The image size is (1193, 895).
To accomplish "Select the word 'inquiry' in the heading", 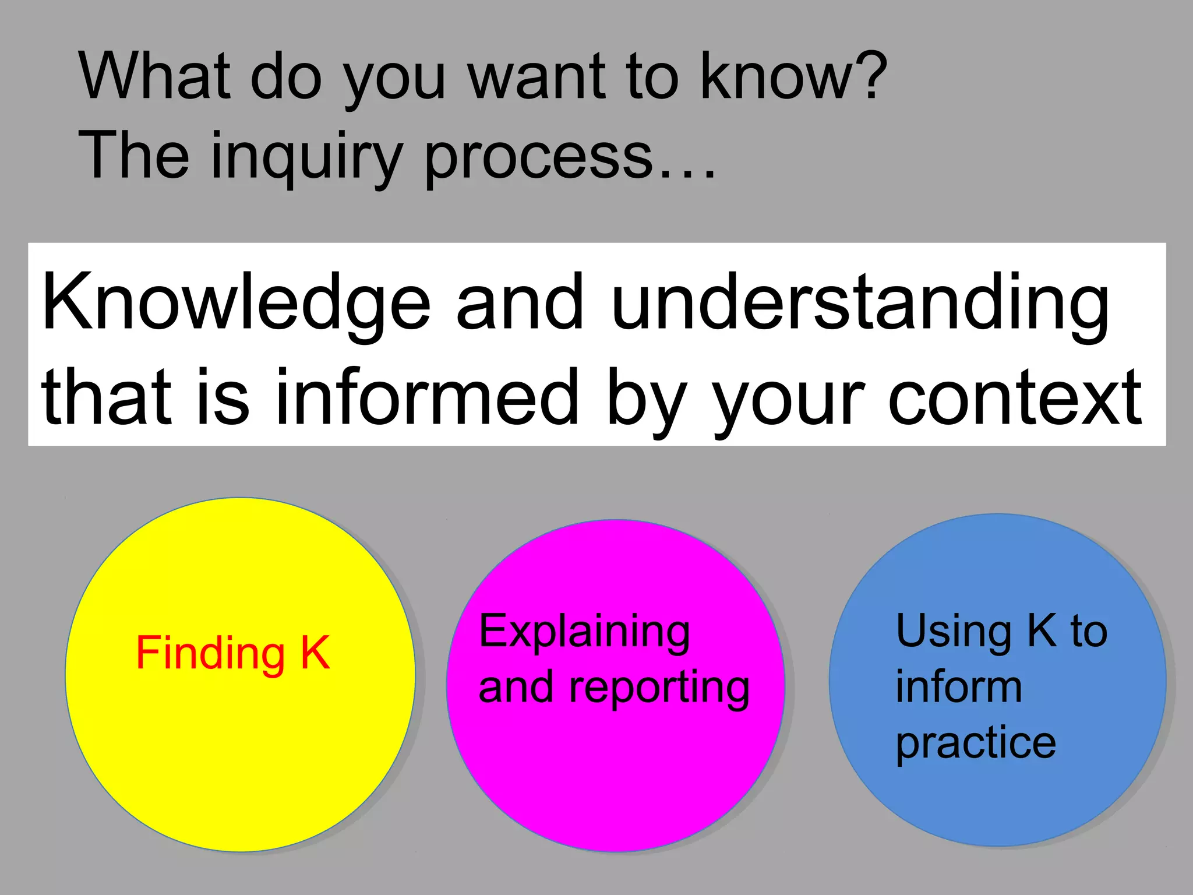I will click(x=306, y=156).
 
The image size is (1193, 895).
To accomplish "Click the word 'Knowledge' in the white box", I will click(x=236, y=303).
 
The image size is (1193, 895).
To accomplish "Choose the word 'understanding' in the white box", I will click(x=860, y=303).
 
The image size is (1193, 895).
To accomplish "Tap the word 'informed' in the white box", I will click(x=427, y=397).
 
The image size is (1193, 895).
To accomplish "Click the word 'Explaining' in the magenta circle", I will click(x=584, y=632).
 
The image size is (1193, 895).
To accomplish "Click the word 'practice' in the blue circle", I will click(x=976, y=744).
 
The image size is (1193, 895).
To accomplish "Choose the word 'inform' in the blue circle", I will click(x=959, y=688).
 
